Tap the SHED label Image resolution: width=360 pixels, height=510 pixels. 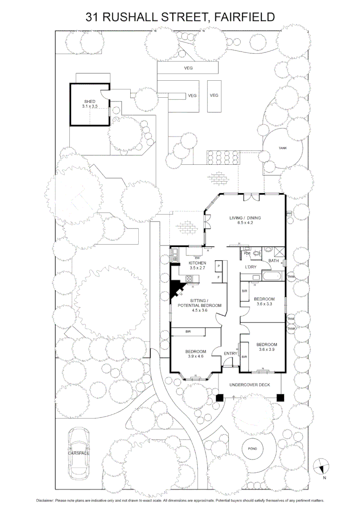90,102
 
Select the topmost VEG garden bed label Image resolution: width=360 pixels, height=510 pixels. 189,68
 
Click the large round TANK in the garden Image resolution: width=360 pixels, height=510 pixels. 282,148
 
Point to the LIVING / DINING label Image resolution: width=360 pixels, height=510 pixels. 245,218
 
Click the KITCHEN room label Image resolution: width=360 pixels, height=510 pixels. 198,263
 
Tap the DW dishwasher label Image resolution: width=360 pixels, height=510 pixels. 191,257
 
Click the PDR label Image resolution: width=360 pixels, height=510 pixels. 247,254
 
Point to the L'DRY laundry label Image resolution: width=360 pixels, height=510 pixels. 250,267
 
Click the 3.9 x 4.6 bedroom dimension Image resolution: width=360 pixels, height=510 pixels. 195,357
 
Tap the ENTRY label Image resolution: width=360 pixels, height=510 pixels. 230,354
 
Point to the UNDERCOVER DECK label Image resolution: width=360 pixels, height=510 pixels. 250,385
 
